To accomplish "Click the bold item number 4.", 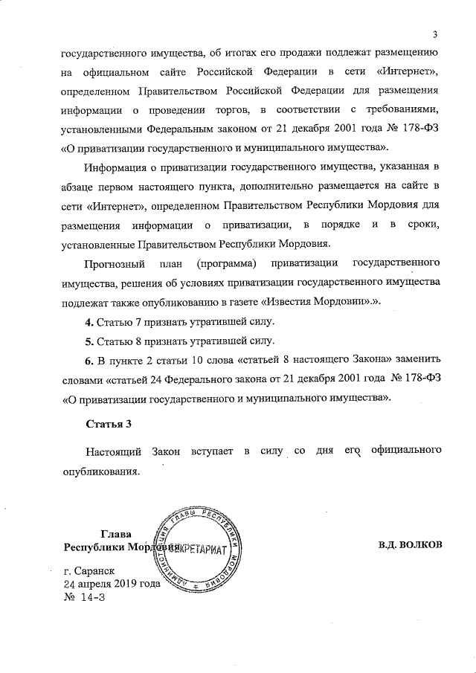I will (x=89, y=323).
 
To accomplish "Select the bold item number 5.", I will (x=89, y=342).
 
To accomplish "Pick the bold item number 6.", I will (x=89, y=361).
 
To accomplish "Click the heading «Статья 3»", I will (x=109, y=425).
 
